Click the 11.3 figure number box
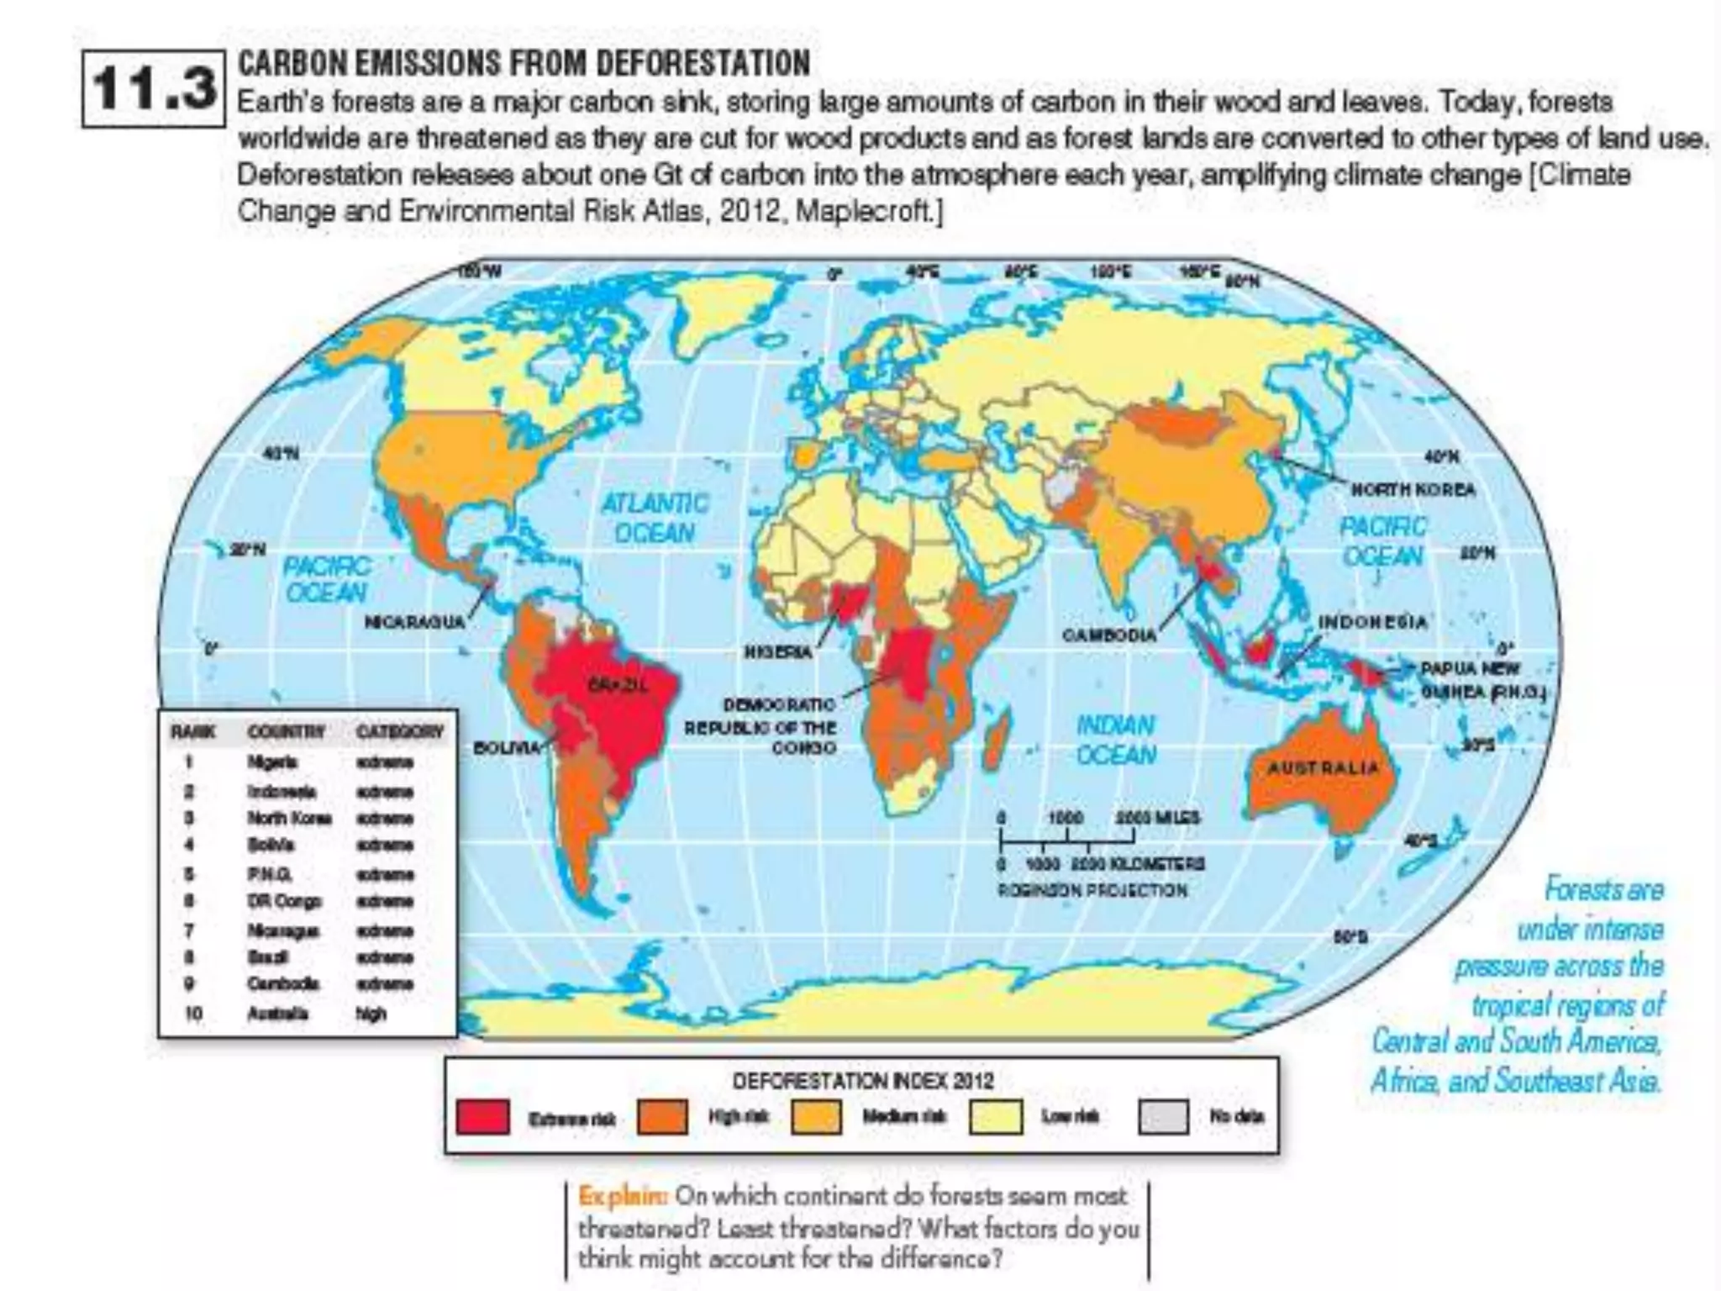pyautogui.click(x=154, y=88)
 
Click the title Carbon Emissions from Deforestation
pyautogui.click(x=524, y=64)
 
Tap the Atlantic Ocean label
pyautogui.click(x=655, y=518)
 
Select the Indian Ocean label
pyautogui.click(x=1116, y=740)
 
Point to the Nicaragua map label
pyautogui.click(x=414, y=623)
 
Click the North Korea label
pyautogui.click(x=1413, y=490)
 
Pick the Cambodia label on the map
pyautogui.click(x=1108, y=636)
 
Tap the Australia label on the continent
pyautogui.click(x=1323, y=768)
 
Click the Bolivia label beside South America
pyautogui.click(x=507, y=747)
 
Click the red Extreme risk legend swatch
pyautogui.click(x=482, y=1117)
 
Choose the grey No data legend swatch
pyautogui.click(x=1163, y=1117)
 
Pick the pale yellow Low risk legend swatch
pyautogui.click(x=996, y=1117)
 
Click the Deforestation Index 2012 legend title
pyautogui.click(x=862, y=1081)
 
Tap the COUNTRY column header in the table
pyautogui.click(x=286, y=732)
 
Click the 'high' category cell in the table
pyautogui.click(x=371, y=1014)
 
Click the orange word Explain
pyautogui.click(x=623, y=1195)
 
